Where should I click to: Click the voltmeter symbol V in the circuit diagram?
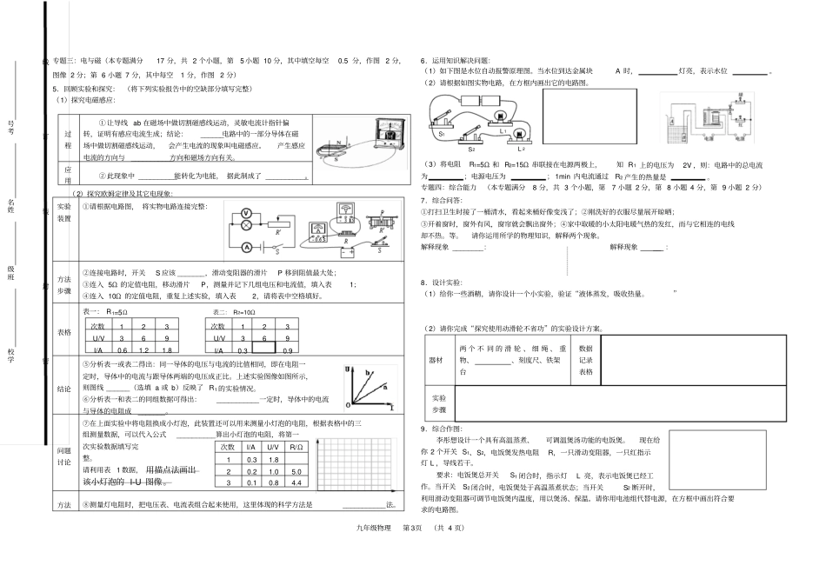pyautogui.click(x=245, y=211)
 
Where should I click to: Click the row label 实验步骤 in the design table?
pyautogui.click(x=437, y=402)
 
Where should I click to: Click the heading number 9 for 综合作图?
pyautogui.click(x=423, y=429)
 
